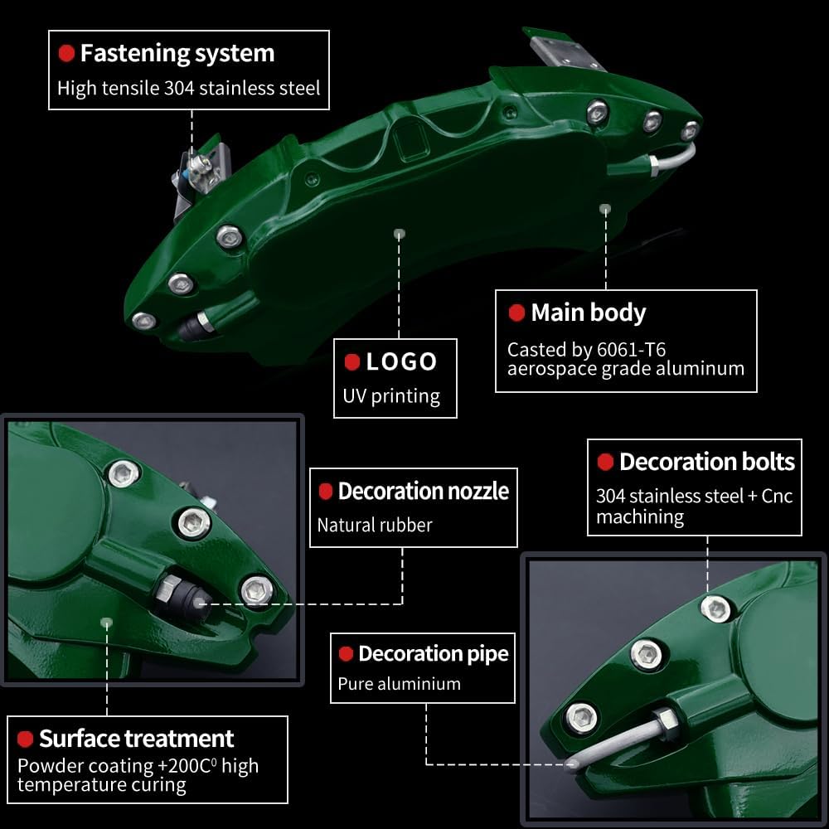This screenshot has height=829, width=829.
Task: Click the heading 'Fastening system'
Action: tap(177, 54)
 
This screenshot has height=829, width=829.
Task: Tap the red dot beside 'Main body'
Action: tap(516, 313)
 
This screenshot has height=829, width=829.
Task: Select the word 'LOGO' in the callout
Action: tap(401, 361)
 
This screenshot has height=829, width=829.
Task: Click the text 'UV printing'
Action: tap(391, 395)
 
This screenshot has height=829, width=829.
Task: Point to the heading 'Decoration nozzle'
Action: tap(423, 491)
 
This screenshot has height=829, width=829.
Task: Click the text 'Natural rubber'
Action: tap(375, 524)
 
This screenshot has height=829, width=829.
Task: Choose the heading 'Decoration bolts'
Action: tap(706, 462)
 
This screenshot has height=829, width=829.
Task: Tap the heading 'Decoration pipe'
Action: tap(433, 653)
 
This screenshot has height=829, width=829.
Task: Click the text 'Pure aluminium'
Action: tap(399, 684)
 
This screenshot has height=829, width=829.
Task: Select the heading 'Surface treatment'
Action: tap(136, 738)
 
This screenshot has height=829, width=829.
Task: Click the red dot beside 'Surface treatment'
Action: tap(25, 739)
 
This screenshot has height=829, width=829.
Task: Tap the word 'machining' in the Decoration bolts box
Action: tap(640, 516)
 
